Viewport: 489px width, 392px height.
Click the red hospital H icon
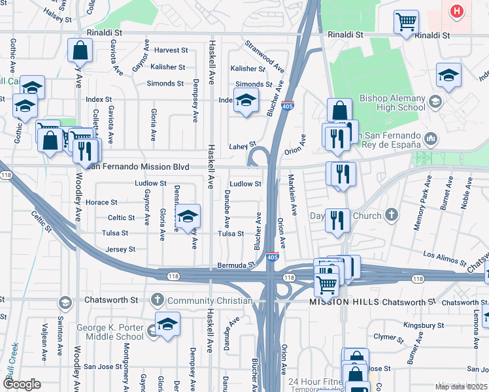pyautogui.click(x=457, y=10)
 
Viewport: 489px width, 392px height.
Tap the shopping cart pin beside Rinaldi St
pyautogui.click(x=406, y=22)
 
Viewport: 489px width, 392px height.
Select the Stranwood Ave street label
pyautogui.click(x=265, y=56)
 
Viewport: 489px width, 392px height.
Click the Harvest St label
pyautogui.click(x=171, y=50)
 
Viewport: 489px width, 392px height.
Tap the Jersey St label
pyautogui.click(x=120, y=249)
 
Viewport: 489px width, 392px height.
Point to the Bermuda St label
pyautogui.click(x=235, y=266)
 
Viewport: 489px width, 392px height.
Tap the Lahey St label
pyautogui.click(x=242, y=146)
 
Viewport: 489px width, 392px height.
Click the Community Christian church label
pyautogui.click(x=209, y=301)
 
